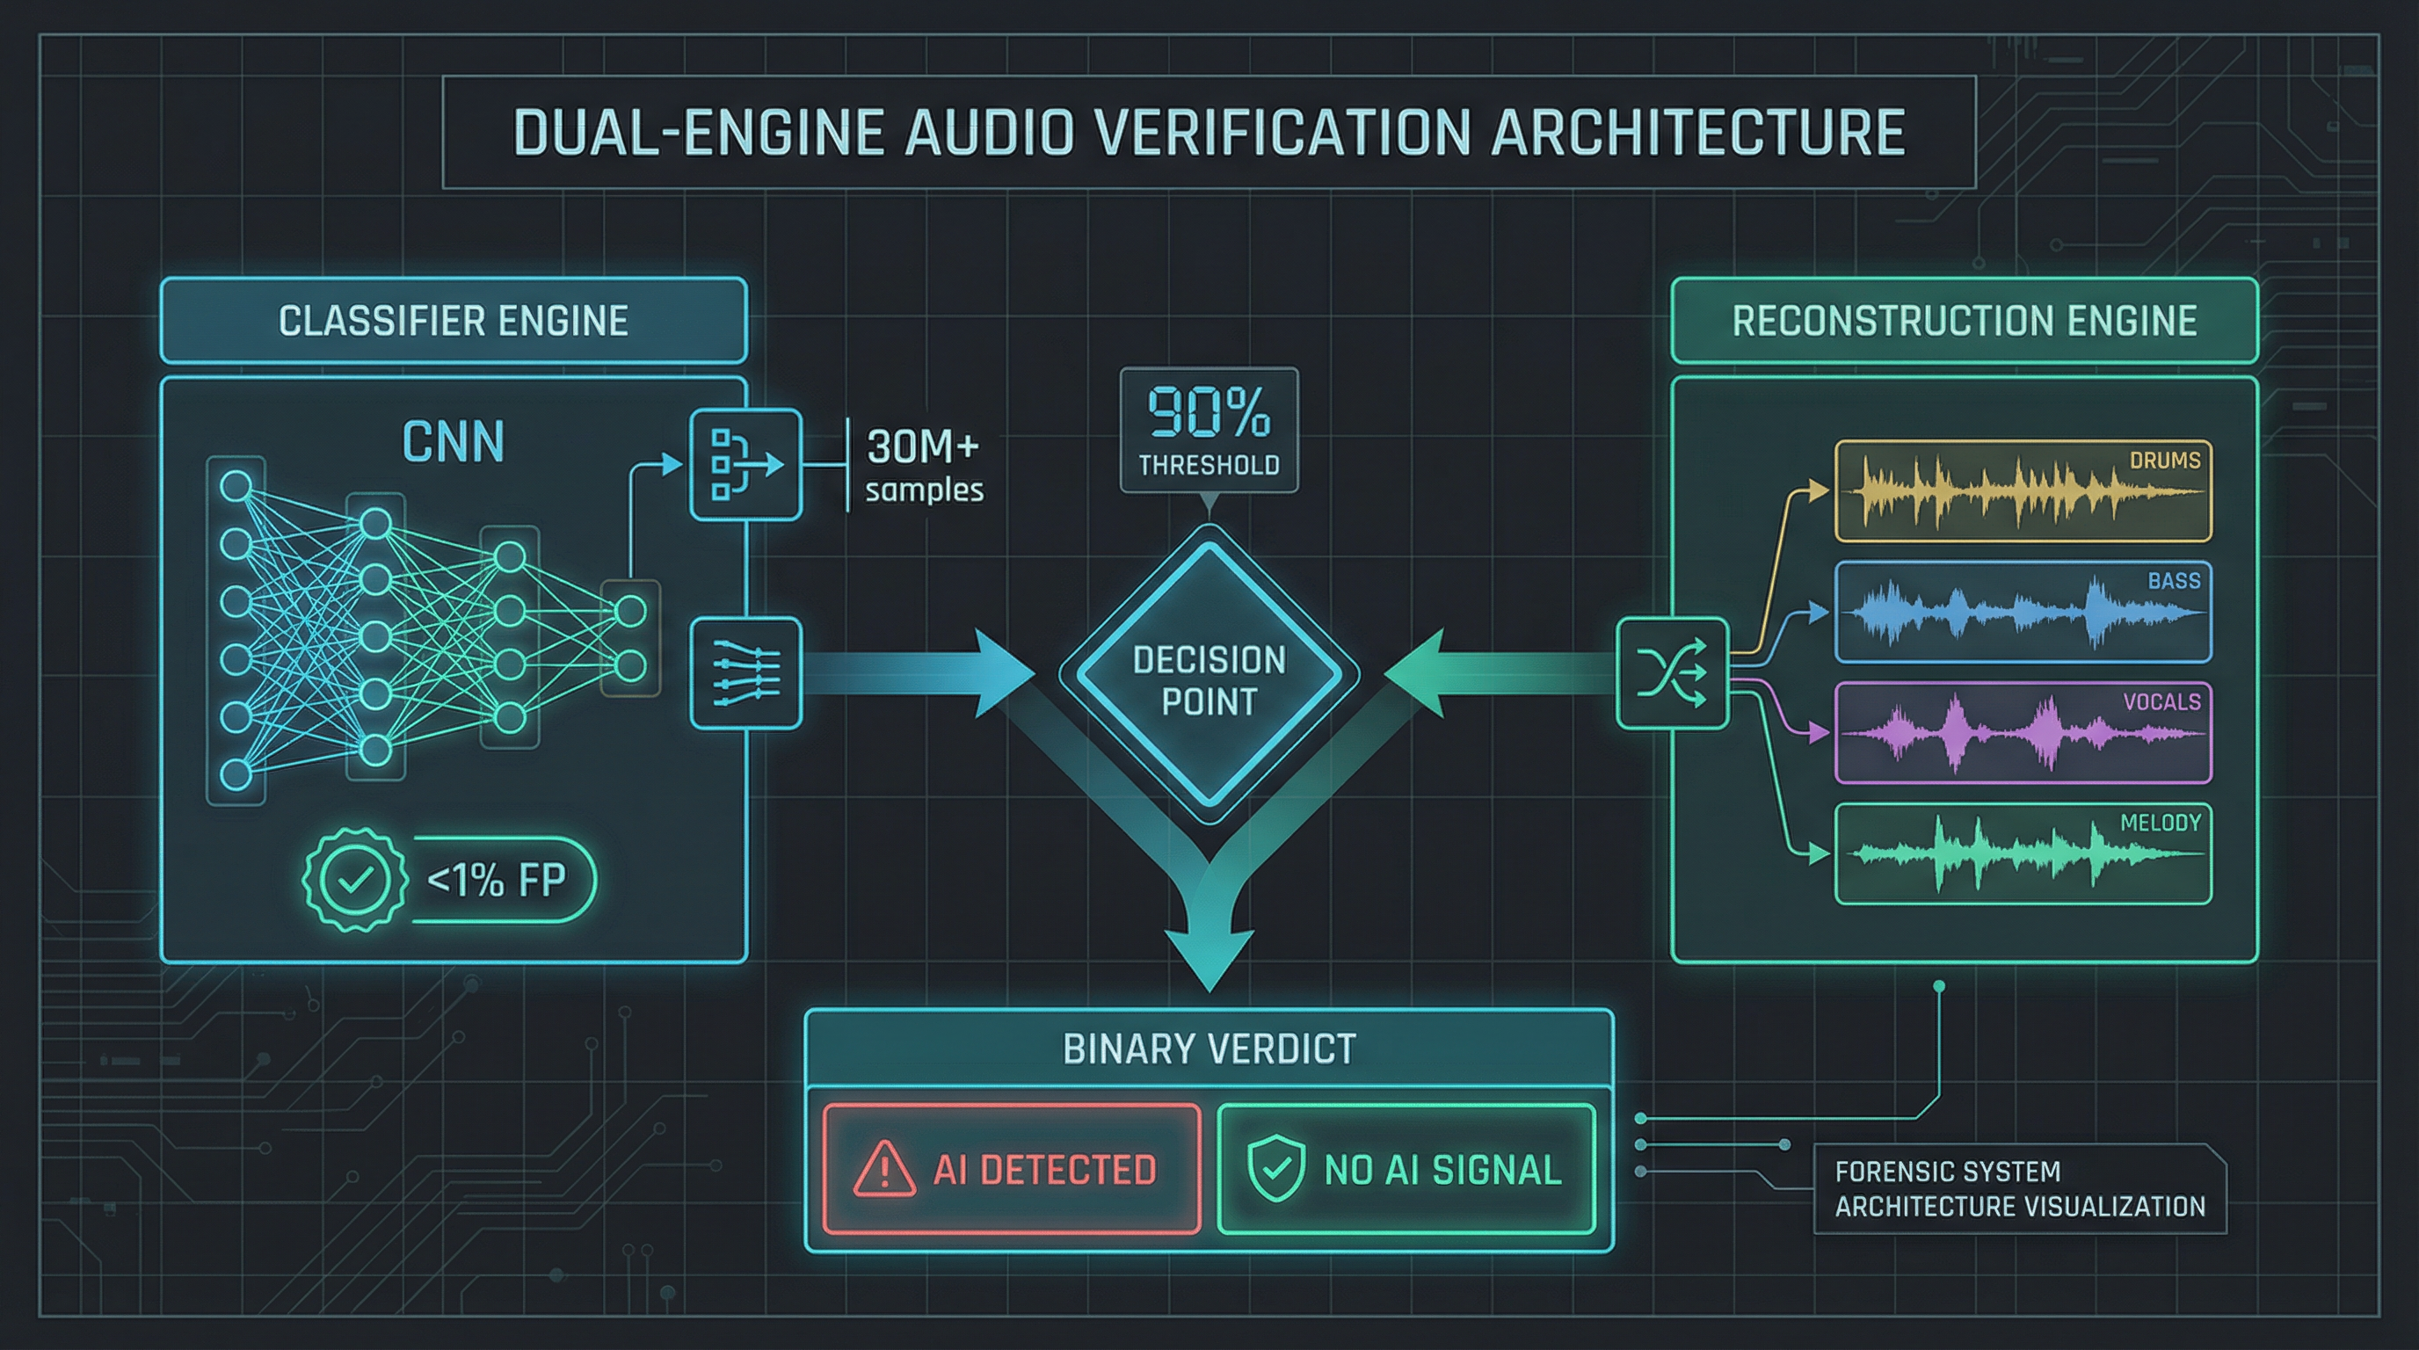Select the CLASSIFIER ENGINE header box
pyautogui.click(x=454, y=321)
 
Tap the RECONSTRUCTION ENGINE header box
pyautogui.click(x=1964, y=321)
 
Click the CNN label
pyautogui.click(x=454, y=442)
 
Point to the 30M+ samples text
pyautogui.click(x=923, y=467)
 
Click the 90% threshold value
pyautogui.click(x=1209, y=413)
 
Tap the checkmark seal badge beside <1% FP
pyautogui.click(x=355, y=880)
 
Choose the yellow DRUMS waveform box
pyautogui.click(x=2023, y=491)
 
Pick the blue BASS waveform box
pyautogui.click(x=2023, y=612)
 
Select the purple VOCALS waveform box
pyautogui.click(x=2023, y=733)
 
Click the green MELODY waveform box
pyautogui.click(x=2023, y=854)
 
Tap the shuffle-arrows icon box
pyautogui.click(x=1673, y=673)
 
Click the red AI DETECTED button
pyautogui.click(x=1012, y=1170)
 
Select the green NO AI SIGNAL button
pyautogui.click(x=1406, y=1170)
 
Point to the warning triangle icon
pyautogui.click(x=883, y=1170)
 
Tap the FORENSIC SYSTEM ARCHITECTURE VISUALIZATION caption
pyautogui.click(x=2019, y=1188)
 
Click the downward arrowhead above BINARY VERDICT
pyautogui.click(x=1209, y=958)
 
